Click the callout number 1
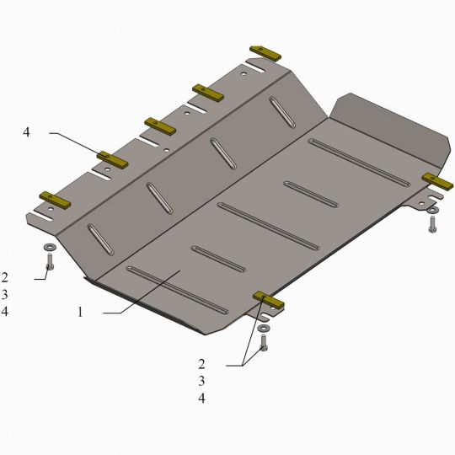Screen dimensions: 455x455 [x=80, y=313]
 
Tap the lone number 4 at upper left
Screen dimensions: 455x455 [x=26, y=132]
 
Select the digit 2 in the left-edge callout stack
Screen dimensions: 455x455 [x=4, y=278]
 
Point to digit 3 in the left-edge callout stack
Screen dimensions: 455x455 [x=4, y=295]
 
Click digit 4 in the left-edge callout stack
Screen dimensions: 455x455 [x=4, y=312]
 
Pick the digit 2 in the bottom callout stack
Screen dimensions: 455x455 [x=201, y=364]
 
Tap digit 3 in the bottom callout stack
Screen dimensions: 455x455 [x=201, y=381]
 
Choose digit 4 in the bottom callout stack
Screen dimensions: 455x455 [x=201, y=398]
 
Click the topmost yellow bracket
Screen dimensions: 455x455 [x=265, y=53]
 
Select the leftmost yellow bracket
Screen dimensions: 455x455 [x=55, y=200]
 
